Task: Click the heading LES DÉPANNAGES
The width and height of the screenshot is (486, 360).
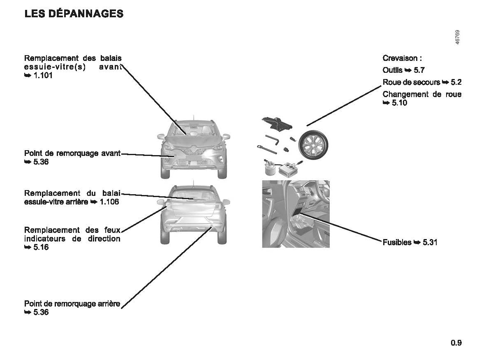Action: coord(74,14)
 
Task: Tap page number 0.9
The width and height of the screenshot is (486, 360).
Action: coord(456,343)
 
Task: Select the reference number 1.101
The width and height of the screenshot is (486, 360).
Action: coord(43,75)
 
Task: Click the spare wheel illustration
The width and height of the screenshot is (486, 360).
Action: coord(313,145)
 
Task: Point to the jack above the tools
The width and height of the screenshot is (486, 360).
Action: coord(277,124)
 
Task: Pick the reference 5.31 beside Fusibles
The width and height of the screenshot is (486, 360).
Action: coord(430,242)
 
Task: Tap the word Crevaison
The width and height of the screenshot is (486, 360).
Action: coord(400,58)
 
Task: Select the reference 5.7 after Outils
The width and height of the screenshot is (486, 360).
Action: coord(419,70)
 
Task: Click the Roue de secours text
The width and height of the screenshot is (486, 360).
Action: coord(411,82)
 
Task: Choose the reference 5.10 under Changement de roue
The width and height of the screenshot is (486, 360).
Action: coord(399,102)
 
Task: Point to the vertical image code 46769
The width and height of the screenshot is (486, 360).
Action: coord(458,37)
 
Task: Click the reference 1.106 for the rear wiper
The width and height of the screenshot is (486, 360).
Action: coord(109,202)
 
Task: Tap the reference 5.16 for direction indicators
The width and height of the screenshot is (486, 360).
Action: coord(41,247)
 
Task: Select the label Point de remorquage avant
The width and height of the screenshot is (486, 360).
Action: coord(72,153)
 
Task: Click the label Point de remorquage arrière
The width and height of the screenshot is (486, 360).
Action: coord(72,304)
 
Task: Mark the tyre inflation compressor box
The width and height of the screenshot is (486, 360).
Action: coord(288,169)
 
